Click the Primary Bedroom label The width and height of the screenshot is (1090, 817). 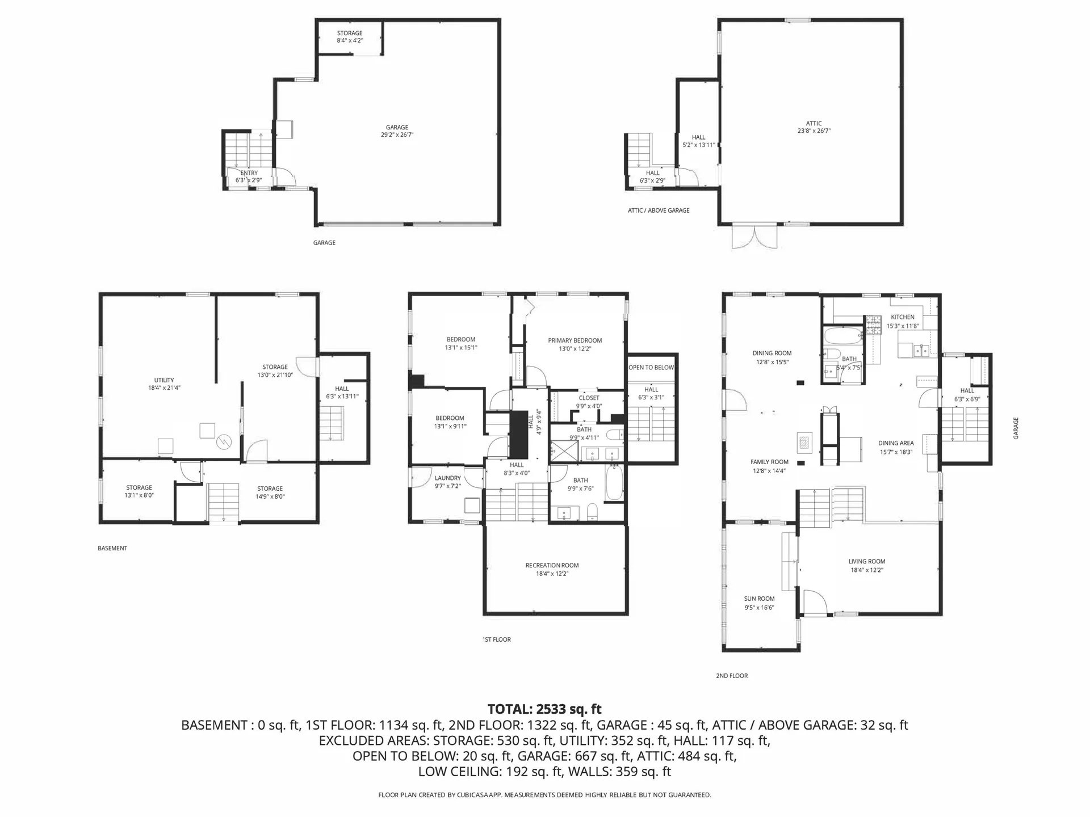coord(575,340)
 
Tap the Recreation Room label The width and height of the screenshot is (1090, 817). coord(552,565)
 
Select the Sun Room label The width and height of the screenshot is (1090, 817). coord(759,599)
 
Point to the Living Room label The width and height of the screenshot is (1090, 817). coord(867,562)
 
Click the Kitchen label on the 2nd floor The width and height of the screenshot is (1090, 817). coord(903,317)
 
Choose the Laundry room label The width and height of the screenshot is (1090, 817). coord(448,478)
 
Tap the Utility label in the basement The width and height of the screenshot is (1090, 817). coord(164,380)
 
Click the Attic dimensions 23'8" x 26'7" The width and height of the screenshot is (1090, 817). coord(814,131)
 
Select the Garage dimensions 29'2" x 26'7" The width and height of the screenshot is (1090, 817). coord(397,135)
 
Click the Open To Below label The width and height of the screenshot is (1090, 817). coord(651,368)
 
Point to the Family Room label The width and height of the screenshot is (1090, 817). coord(769,462)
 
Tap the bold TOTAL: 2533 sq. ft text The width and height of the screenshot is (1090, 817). coord(544,709)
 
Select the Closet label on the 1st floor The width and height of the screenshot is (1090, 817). coord(589,398)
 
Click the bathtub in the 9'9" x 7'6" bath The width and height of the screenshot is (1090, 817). coord(614,483)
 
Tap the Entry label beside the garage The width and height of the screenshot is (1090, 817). coord(249,173)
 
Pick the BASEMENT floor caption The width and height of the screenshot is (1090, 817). coord(112,548)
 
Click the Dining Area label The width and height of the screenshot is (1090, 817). coord(896,443)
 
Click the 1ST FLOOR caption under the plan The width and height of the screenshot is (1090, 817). coord(497,639)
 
